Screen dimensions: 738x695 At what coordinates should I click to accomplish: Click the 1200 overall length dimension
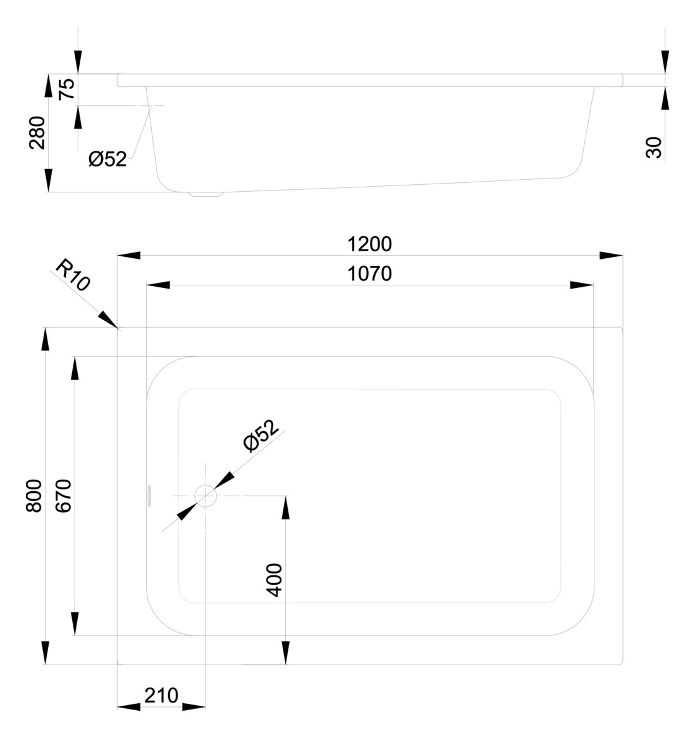pyautogui.click(x=369, y=244)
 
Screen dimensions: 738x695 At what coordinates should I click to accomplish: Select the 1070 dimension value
pyautogui.click(x=369, y=273)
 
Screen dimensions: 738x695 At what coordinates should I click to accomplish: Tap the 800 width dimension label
pyautogui.click(x=34, y=496)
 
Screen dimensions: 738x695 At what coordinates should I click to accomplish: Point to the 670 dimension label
pyautogui.click(x=65, y=496)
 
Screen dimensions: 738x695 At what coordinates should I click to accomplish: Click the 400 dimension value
pyautogui.click(x=274, y=580)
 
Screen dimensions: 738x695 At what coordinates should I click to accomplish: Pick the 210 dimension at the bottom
pyautogui.click(x=161, y=696)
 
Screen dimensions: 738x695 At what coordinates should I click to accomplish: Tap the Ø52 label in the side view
pyautogui.click(x=108, y=159)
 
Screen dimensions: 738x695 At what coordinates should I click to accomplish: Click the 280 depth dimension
pyautogui.click(x=38, y=132)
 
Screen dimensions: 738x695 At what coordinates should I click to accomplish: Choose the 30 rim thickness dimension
pyautogui.click(x=655, y=147)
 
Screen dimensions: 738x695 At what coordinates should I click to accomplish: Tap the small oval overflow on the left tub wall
pyautogui.click(x=150, y=496)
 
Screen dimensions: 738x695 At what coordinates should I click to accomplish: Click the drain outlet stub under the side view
pyautogui.click(x=207, y=194)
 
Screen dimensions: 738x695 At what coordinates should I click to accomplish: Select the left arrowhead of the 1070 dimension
pyautogui.click(x=158, y=285)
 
